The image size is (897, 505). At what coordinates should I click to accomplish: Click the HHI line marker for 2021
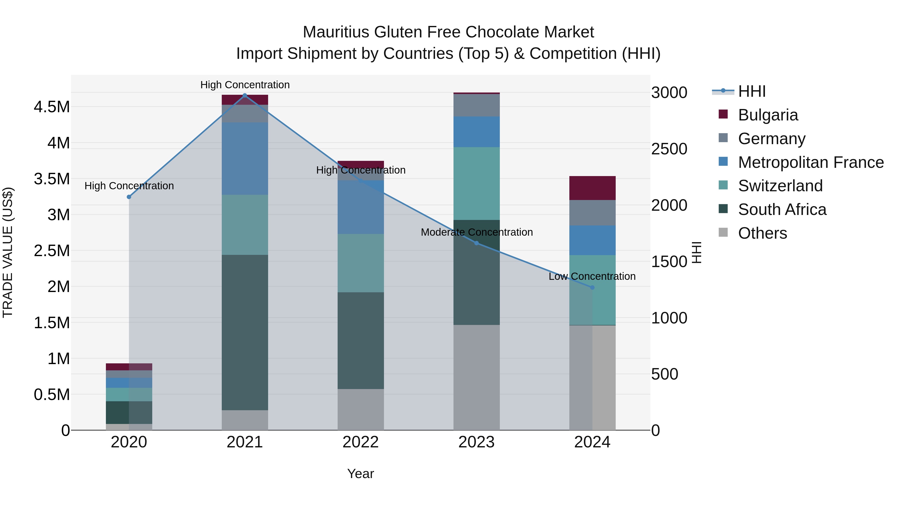[245, 96]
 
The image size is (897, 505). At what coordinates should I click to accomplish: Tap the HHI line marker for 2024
[592, 288]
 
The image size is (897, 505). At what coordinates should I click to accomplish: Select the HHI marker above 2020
[129, 197]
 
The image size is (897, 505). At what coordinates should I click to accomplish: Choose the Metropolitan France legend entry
[811, 162]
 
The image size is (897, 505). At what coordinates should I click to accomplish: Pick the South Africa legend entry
[782, 210]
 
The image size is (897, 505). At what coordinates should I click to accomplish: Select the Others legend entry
[762, 233]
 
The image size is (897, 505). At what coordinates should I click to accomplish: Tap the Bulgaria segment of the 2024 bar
[592, 188]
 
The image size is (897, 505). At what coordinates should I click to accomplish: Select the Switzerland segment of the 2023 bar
[476, 183]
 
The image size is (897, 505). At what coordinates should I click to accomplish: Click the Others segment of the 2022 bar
[361, 409]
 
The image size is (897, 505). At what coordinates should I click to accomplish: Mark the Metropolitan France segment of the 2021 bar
[245, 159]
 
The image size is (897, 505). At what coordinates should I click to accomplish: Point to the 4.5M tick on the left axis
[52, 107]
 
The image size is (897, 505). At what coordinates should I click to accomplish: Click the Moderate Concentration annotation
[477, 232]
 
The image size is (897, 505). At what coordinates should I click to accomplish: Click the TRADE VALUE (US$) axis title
[8, 252]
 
